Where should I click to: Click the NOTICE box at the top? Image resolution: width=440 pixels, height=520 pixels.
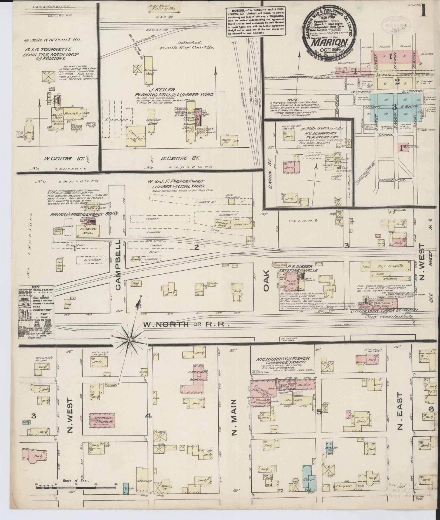click(x=256, y=22)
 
